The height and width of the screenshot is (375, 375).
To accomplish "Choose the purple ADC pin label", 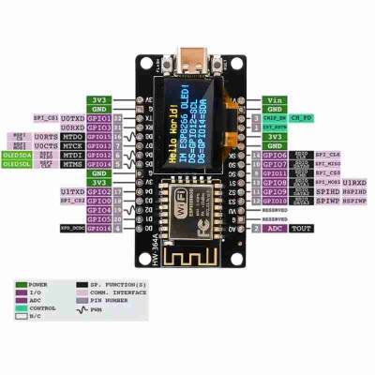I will [x=273, y=228].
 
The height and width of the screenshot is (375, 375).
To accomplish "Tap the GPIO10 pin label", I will [x=274, y=201].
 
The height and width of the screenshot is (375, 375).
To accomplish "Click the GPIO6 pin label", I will [x=274, y=155].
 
